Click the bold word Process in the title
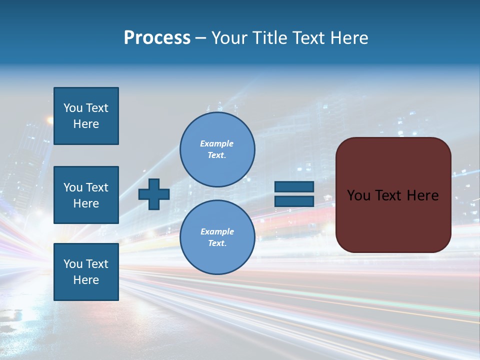[x=157, y=38]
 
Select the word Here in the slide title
[x=349, y=38]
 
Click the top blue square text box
[x=86, y=116]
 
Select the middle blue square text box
[x=86, y=195]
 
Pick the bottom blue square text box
[x=86, y=272]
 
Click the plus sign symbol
[x=154, y=194]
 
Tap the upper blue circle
[x=217, y=149]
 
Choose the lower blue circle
[x=217, y=237]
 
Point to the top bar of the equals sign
[x=294, y=186]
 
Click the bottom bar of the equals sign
[x=294, y=201]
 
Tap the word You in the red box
[x=359, y=195]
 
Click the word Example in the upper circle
[x=217, y=143]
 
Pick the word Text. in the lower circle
[x=217, y=243]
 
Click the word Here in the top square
[x=86, y=124]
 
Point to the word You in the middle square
[x=73, y=187]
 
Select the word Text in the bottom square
[x=97, y=264]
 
